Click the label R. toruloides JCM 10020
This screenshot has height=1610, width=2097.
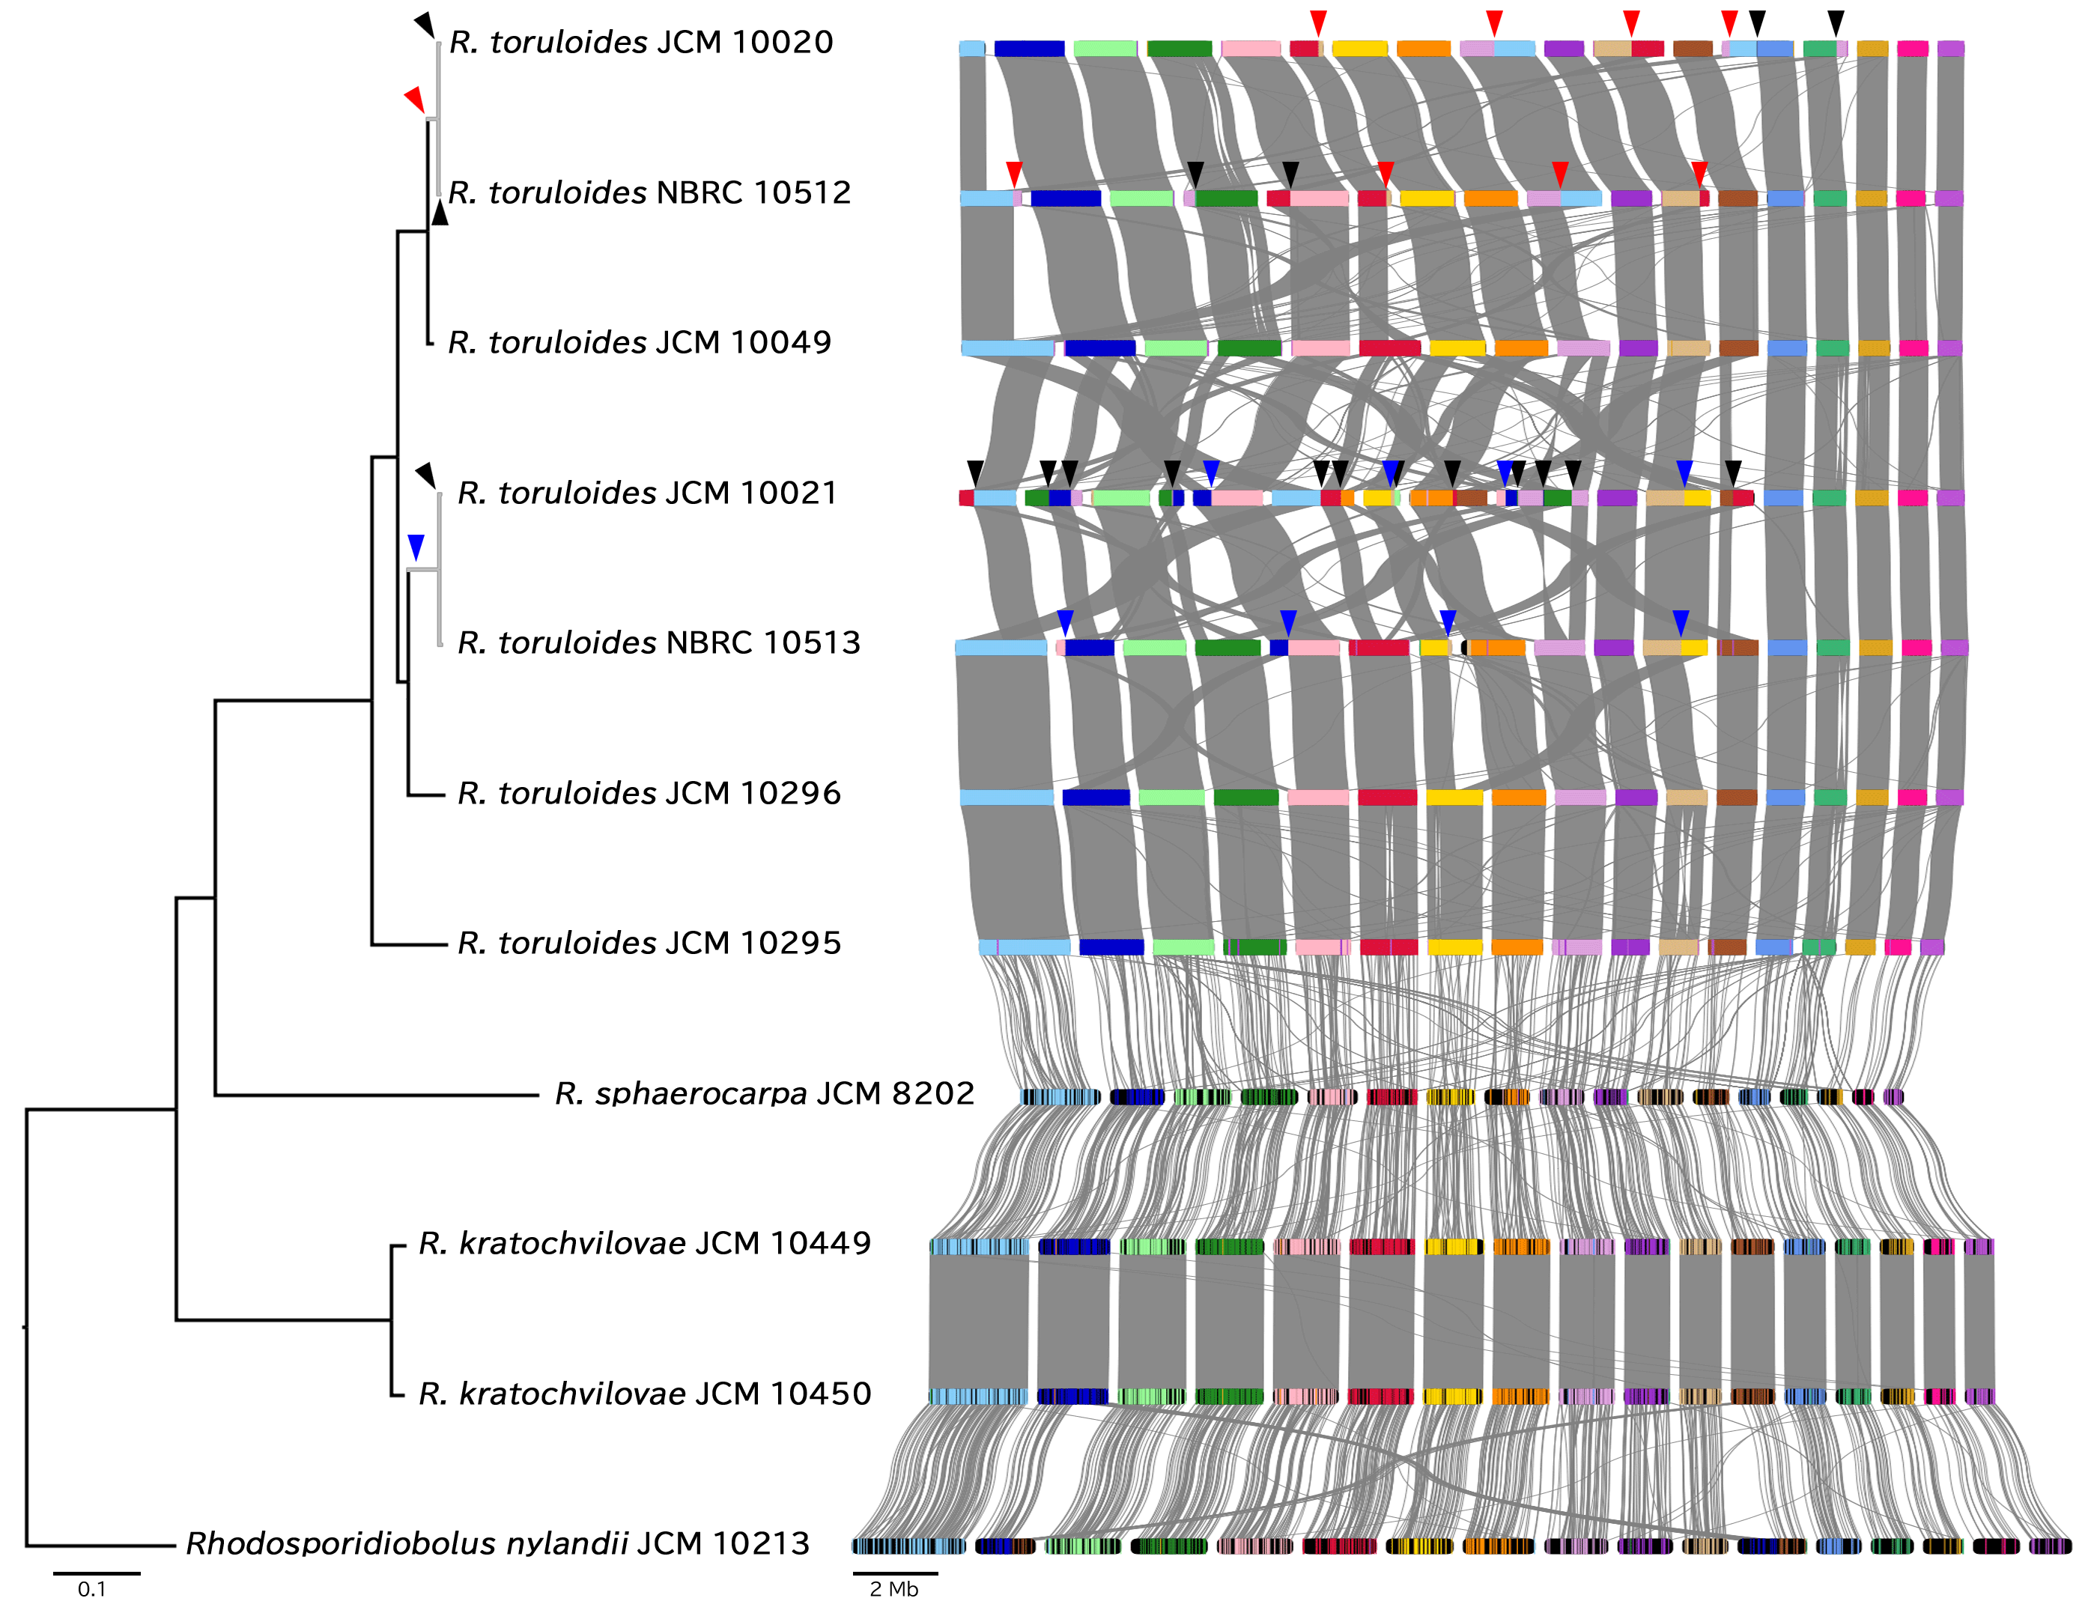point(640,42)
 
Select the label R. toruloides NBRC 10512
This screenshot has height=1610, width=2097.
point(649,192)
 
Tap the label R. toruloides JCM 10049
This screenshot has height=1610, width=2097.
point(640,342)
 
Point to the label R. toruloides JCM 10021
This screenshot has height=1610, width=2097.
point(647,493)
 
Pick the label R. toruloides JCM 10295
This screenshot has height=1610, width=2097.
point(649,943)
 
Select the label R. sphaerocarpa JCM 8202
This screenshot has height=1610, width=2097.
point(764,1093)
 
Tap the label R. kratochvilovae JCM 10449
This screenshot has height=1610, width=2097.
point(644,1243)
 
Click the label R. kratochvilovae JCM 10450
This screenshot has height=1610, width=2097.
point(644,1394)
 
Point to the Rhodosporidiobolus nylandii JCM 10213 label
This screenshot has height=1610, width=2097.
point(497,1543)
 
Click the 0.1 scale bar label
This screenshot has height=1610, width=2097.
point(92,1589)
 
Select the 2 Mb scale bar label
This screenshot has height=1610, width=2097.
point(893,1589)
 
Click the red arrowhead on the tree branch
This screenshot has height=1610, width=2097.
point(414,98)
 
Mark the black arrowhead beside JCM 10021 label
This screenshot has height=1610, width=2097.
point(425,473)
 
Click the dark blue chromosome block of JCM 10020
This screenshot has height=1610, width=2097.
point(1028,49)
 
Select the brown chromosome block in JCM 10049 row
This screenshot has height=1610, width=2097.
point(1738,348)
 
